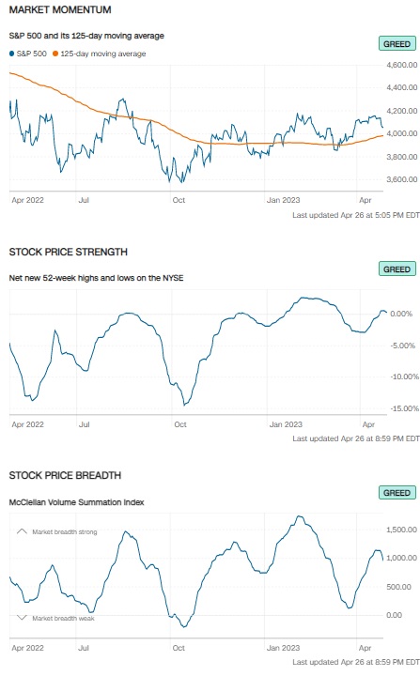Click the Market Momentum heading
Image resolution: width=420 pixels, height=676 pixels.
click(x=60, y=9)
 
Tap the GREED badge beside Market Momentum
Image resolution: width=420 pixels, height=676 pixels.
click(x=397, y=44)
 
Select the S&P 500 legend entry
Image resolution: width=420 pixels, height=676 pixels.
click(x=28, y=54)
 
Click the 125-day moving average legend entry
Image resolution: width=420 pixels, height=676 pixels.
click(x=100, y=54)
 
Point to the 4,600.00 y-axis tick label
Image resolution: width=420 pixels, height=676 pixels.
click(x=401, y=65)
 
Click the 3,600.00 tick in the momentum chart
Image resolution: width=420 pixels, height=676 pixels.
click(x=401, y=179)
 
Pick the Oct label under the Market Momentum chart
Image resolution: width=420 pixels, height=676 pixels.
click(x=179, y=200)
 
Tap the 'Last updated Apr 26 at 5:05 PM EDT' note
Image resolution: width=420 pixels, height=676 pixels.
click(x=356, y=215)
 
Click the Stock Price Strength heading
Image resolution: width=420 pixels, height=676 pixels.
click(x=69, y=252)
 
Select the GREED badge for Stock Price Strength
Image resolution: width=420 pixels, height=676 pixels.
click(x=397, y=269)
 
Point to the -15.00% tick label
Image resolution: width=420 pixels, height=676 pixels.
click(x=404, y=408)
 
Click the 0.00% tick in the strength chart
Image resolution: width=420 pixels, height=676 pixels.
click(x=401, y=314)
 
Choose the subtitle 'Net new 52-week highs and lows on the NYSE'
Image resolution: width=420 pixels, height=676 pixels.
click(x=96, y=278)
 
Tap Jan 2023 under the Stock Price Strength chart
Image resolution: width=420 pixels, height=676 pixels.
click(x=286, y=424)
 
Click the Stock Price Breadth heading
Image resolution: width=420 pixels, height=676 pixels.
click(x=65, y=475)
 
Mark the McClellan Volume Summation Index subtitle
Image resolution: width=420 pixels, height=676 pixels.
click(x=76, y=502)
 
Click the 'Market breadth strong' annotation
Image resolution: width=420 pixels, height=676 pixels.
click(x=65, y=532)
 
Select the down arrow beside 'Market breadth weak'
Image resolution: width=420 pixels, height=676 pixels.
click(x=22, y=618)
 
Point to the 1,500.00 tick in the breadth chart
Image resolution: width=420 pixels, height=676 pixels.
click(x=401, y=530)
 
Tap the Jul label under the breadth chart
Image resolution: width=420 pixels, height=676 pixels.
click(x=84, y=648)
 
